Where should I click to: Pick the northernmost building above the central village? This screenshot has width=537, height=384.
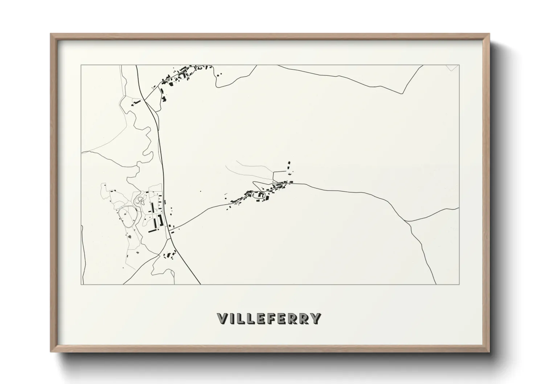coord(289,163)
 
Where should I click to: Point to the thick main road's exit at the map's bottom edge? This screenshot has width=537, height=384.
coord(200,283)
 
